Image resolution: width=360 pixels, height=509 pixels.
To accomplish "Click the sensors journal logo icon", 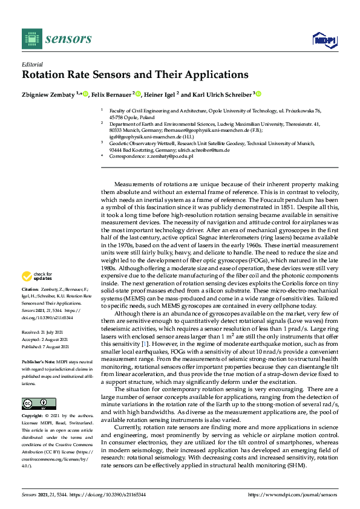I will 30,39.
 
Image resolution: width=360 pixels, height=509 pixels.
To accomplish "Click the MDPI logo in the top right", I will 324,40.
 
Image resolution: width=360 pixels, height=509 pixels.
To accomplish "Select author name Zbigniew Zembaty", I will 48,95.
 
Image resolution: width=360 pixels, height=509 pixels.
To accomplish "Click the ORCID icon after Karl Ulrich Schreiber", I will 258,94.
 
